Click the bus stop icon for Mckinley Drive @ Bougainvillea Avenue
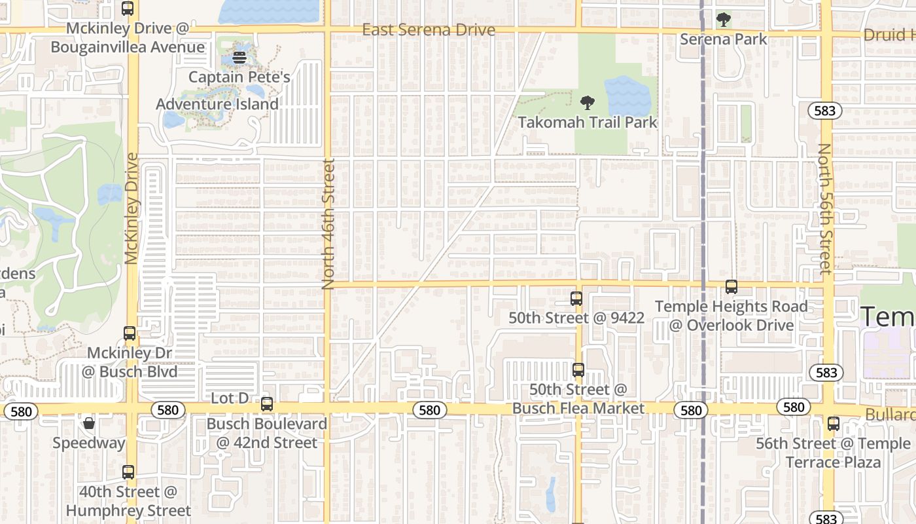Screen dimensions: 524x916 (128, 9)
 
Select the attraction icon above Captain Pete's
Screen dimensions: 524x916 (239, 58)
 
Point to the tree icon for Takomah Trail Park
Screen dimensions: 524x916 (588, 102)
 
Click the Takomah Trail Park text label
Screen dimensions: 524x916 (588, 122)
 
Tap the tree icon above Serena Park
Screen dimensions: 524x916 (723, 20)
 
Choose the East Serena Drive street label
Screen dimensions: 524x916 (429, 30)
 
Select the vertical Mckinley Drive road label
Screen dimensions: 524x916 (132, 208)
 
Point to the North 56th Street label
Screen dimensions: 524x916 (825, 208)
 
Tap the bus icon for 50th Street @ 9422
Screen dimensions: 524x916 (576, 299)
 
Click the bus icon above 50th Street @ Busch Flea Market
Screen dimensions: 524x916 (578, 370)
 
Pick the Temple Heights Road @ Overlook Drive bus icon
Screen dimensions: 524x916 (731, 287)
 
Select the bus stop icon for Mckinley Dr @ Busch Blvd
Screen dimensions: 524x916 (130, 333)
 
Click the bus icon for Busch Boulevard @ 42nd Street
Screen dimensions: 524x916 (267, 404)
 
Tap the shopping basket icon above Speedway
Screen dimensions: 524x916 (89, 424)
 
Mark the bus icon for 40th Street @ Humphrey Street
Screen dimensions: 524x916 (128, 472)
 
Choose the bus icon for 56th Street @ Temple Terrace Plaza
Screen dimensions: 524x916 (833, 424)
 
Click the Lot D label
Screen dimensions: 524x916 (230, 398)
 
